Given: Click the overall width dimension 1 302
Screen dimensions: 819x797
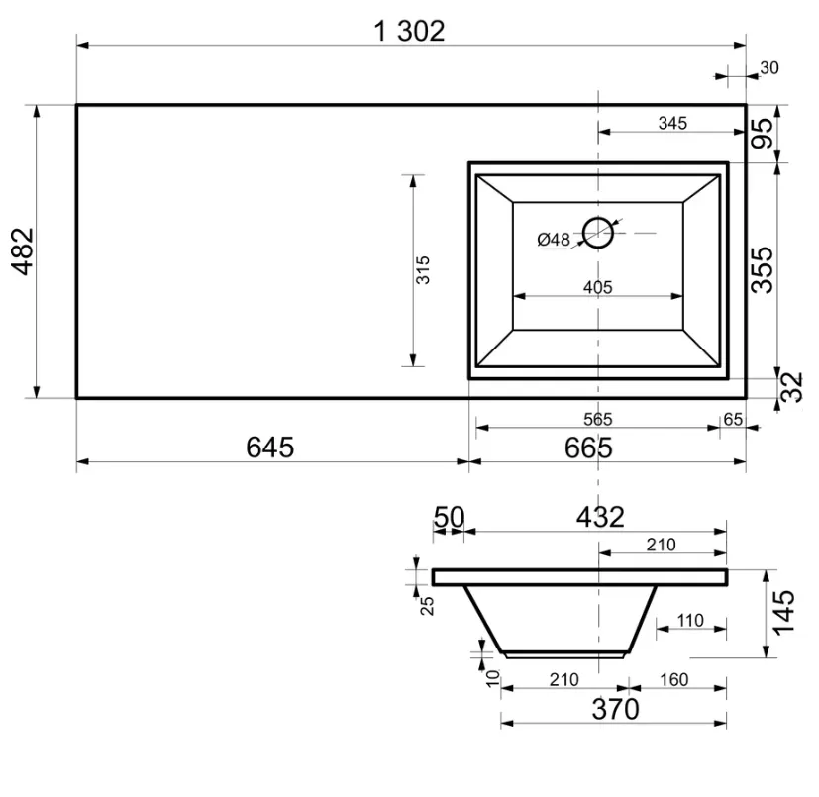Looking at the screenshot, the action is coord(410,32).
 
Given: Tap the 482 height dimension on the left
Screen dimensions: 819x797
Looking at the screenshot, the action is coord(23,251).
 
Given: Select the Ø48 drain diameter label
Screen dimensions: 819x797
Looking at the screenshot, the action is coord(554,240).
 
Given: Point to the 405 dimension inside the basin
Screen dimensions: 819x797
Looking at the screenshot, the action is coord(597,287).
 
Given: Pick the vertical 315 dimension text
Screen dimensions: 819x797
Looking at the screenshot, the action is coord(423,269).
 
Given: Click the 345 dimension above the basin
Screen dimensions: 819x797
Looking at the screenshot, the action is coord(672,123).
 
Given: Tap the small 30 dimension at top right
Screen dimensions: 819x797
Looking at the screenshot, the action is coord(768,68).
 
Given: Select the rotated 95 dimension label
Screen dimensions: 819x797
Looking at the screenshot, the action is coord(762,133).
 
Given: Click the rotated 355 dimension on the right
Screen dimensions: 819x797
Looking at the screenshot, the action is coord(762,269).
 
